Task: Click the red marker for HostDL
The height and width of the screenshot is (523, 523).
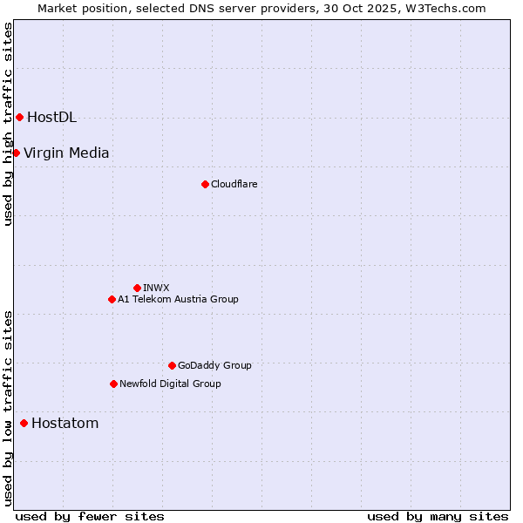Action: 19,117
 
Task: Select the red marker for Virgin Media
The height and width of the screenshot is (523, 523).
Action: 16,153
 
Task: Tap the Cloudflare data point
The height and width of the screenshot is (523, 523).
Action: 205,184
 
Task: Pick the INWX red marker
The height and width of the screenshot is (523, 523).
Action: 137,288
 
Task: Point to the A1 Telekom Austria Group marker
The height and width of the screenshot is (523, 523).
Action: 112,299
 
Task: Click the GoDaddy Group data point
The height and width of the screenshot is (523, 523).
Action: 172,365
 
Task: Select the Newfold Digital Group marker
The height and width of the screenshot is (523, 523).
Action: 113,384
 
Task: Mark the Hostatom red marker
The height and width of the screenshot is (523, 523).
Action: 24,423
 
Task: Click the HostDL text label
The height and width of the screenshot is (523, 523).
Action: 51,118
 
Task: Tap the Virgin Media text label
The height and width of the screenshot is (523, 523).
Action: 66,153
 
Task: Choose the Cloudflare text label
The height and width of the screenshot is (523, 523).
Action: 234,185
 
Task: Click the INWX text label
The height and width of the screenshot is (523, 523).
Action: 156,288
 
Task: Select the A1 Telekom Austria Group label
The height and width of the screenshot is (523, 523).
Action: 178,300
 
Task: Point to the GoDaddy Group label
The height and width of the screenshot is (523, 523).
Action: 214,366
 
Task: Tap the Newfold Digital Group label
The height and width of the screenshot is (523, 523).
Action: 170,384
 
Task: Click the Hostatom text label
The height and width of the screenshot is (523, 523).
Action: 65,424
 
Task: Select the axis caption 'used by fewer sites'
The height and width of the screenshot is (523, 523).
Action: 90,516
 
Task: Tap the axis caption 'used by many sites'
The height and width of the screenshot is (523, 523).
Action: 438,516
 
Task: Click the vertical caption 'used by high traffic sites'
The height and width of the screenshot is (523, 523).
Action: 8,124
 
